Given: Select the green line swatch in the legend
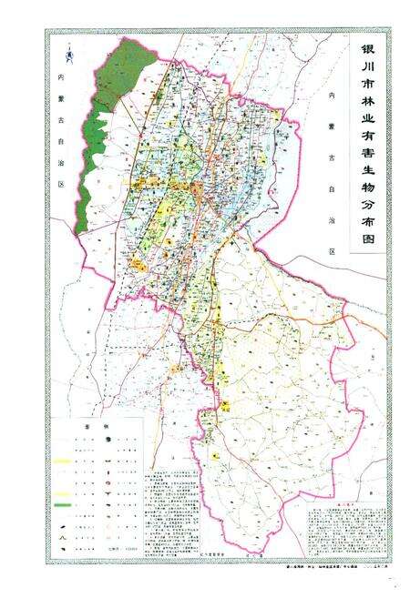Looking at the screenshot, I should pyautogui.click(x=64, y=503).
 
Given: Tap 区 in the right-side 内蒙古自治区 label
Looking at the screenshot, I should pyautogui.click(x=333, y=251).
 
